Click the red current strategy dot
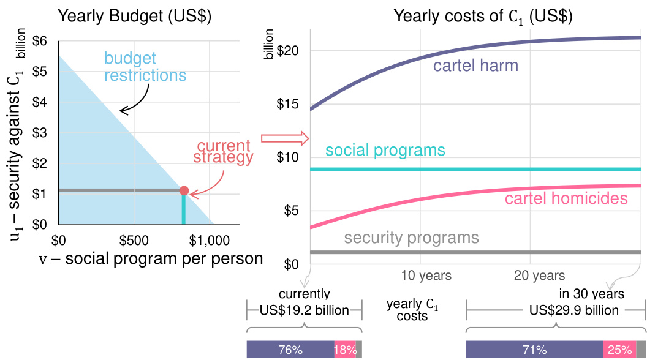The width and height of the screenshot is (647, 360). [x=184, y=190]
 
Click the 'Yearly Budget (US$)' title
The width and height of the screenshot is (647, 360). [x=134, y=17]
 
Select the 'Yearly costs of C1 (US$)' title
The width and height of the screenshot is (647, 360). [x=483, y=17]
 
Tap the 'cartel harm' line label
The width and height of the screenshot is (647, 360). [x=475, y=66]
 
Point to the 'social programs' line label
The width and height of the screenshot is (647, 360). [x=385, y=150]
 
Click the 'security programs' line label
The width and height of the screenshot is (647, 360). [x=411, y=238]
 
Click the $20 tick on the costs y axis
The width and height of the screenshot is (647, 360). [x=287, y=50]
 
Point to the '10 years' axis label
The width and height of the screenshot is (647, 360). [x=426, y=276]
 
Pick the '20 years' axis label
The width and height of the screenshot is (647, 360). [x=539, y=276]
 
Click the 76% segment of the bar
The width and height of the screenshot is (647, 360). [x=290, y=350]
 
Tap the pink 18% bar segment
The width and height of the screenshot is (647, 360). [x=345, y=350]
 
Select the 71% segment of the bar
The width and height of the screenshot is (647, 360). [x=534, y=350]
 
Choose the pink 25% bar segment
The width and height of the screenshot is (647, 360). [x=619, y=350]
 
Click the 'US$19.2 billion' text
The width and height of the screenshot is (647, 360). [x=305, y=310]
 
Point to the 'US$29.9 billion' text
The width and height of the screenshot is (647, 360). [x=573, y=310]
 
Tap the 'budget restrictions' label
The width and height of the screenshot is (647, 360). [x=145, y=67]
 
